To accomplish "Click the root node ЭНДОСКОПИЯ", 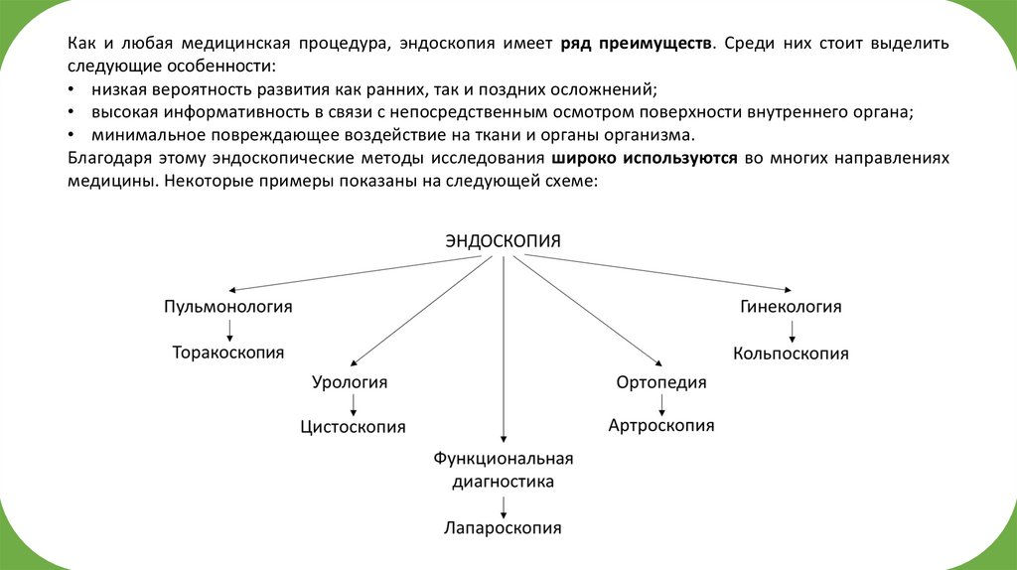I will click(503, 241).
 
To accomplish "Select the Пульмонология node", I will click(228, 307).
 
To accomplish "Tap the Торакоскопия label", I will click(228, 353).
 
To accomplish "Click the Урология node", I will click(350, 382).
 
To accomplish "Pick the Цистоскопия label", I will click(353, 427).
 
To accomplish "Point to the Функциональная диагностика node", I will click(504, 470).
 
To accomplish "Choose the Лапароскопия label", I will click(503, 528).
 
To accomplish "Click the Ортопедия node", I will click(660, 382).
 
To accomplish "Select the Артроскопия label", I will click(660, 426).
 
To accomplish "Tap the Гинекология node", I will click(791, 307).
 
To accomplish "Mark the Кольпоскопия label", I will click(791, 353).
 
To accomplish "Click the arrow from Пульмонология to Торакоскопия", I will click(229, 330).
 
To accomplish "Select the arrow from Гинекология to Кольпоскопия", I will click(792, 330).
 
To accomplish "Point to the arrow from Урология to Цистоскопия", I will click(354, 404).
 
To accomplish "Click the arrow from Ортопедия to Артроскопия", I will click(661, 404).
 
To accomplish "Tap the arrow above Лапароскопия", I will click(504, 505).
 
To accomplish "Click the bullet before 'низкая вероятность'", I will click(72, 90).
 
